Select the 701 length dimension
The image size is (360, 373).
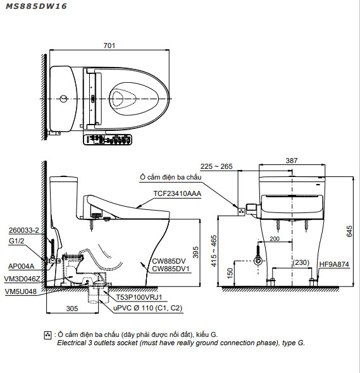(109, 45)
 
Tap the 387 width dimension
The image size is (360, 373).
(291, 161)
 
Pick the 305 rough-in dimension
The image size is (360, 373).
(72, 309)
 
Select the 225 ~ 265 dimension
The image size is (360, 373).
(216, 166)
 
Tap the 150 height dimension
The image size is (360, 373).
(229, 272)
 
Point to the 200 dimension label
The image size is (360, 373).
(274, 240)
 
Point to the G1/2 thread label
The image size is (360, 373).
(17, 241)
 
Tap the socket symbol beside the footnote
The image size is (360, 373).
(48, 335)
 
